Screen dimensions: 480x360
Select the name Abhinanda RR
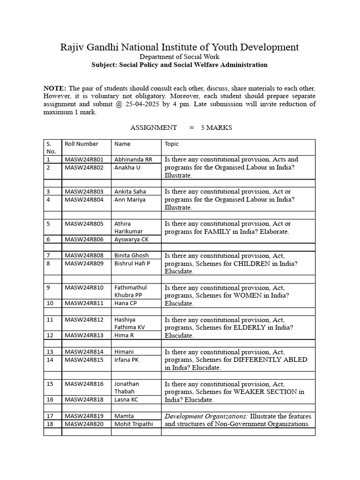coord(133,159)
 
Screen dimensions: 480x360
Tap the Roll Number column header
coord(82,144)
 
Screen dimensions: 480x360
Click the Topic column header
coord(172,144)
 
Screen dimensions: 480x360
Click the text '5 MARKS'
coord(216,127)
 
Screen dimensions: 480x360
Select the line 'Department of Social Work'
coord(180,57)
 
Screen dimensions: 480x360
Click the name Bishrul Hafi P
coord(132,263)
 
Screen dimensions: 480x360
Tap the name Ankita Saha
coord(130,191)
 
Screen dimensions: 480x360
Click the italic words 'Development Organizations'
coord(206,416)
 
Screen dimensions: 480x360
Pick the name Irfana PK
coord(127,360)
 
